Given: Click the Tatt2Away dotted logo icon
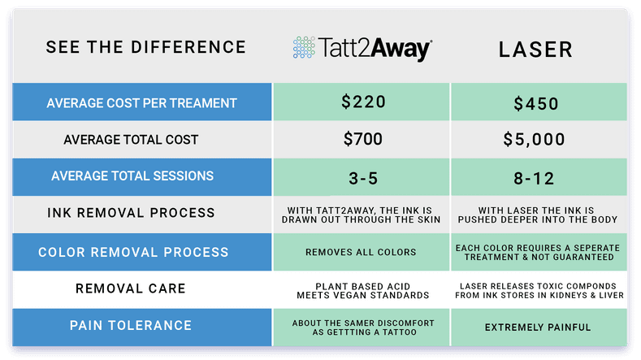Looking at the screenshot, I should [303, 49].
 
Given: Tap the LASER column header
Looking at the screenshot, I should [535, 49].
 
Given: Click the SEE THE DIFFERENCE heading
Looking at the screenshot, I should [145, 47].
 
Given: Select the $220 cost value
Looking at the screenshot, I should [362, 102].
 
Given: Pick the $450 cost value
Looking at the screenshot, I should [536, 104].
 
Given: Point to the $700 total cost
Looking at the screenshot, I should [362, 140].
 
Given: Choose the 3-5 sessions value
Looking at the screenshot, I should [362, 177].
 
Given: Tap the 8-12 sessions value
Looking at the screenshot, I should [536, 177].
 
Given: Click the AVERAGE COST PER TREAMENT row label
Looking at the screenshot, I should [141, 103].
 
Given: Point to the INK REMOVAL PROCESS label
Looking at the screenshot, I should [141, 213].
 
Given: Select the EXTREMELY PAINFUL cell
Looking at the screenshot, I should [536, 327].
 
